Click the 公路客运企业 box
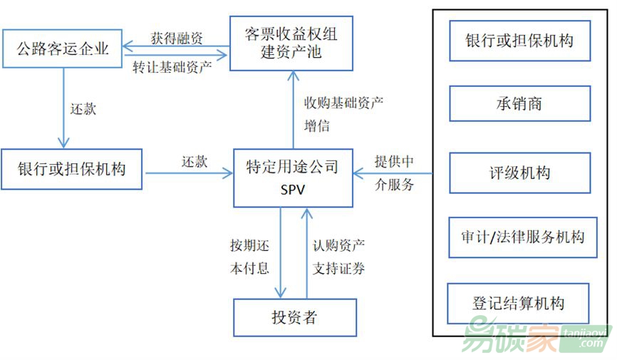click(62, 48)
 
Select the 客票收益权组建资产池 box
click(292, 43)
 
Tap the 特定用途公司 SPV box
click(293, 178)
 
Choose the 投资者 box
click(294, 317)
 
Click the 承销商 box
click(519, 104)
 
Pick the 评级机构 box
click(519, 173)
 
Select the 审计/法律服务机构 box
click(519, 237)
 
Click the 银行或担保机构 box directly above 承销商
click(519, 39)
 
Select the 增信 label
click(317, 126)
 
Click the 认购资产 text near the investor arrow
click(338, 246)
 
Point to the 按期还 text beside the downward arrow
click(249, 246)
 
